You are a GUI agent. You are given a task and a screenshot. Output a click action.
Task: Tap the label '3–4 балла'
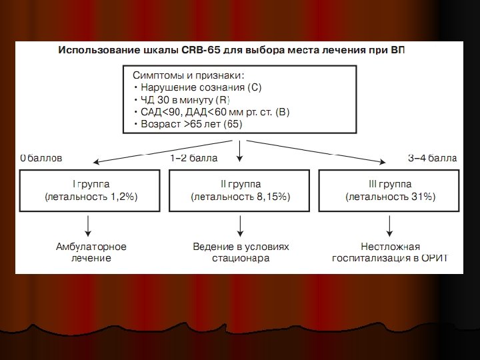click(432, 159)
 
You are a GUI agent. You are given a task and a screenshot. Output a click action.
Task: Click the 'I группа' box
click(91, 190)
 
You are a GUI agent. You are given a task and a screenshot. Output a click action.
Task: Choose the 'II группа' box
click(240, 190)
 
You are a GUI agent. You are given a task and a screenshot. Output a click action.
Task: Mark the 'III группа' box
click(390, 190)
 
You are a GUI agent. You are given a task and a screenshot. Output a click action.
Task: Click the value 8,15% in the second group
click(272, 197)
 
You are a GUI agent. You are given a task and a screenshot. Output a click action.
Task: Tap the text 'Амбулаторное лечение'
click(91, 252)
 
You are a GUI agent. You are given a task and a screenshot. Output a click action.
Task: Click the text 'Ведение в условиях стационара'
click(241, 252)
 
